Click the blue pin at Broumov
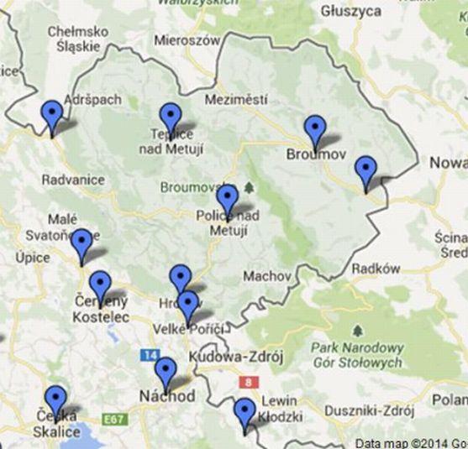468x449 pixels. coord(315,131)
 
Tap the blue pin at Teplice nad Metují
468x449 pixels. coord(171,117)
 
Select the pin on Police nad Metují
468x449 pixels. coord(227,201)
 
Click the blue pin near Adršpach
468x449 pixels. coord(52,115)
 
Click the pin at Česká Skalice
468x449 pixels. coord(56,400)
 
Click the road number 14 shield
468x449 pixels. coord(150,356)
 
